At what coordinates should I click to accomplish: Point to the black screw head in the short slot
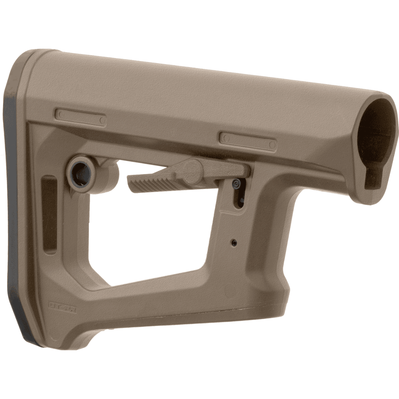pyautogui.click(x=236, y=183)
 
